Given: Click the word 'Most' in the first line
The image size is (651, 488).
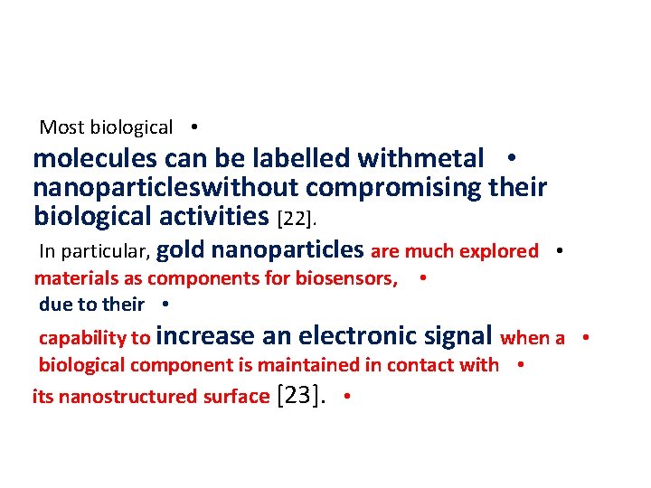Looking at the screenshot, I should (x=61, y=127).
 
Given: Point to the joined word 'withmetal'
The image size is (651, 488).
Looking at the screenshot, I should (x=421, y=159).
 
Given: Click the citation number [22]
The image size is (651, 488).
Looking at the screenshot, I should (x=297, y=218).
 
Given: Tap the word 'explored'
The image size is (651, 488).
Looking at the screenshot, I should (x=498, y=251).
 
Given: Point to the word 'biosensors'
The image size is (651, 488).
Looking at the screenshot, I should (x=346, y=278).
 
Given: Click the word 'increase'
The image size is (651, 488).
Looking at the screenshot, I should (x=204, y=336).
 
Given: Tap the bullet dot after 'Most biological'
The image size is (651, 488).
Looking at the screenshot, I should (x=194, y=127).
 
